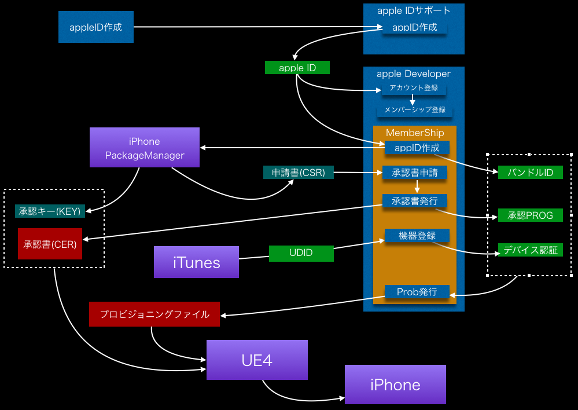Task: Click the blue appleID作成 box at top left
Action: click(96, 27)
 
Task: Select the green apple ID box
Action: click(297, 68)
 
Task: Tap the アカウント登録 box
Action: click(414, 89)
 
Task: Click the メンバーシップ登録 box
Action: click(414, 110)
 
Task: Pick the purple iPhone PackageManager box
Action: click(145, 148)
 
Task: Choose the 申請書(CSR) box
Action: click(299, 173)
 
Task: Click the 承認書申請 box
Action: click(415, 173)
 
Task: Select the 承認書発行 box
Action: click(415, 201)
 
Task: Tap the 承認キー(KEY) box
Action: click(51, 211)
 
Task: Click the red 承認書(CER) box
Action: click(50, 244)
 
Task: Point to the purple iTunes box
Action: click(197, 262)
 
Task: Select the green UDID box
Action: click(301, 254)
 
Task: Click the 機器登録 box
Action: click(417, 236)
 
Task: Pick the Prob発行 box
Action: click(417, 292)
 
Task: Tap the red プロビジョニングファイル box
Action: click(154, 314)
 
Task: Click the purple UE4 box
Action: click(257, 360)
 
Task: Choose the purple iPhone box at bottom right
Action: click(395, 385)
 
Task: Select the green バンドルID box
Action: click(531, 173)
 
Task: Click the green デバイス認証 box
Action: click(531, 250)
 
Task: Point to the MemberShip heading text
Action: click(415, 133)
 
